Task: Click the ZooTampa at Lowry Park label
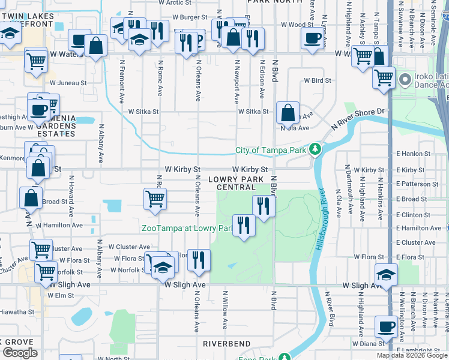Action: pos(187,228)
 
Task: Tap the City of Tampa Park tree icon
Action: pos(315,150)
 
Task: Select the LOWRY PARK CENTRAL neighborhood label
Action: pos(237,183)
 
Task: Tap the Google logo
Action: pos(20,353)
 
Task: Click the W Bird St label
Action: pos(317,80)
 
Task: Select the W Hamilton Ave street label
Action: pos(62,225)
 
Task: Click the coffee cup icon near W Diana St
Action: pos(385,326)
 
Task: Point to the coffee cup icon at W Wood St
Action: pos(312,38)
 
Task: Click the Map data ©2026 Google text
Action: pos(412,355)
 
